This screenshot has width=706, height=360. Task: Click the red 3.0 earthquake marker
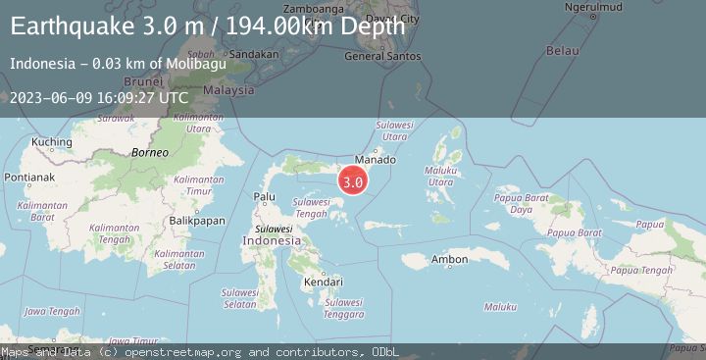(x=353, y=181)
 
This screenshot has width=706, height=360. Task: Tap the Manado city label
(x=377, y=159)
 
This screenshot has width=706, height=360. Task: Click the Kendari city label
(x=325, y=282)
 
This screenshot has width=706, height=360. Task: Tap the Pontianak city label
(x=28, y=177)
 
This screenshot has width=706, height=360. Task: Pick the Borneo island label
(x=150, y=153)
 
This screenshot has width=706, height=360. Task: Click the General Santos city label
(x=382, y=56)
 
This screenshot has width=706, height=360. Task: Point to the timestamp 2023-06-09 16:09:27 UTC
(x=99, y=97)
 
